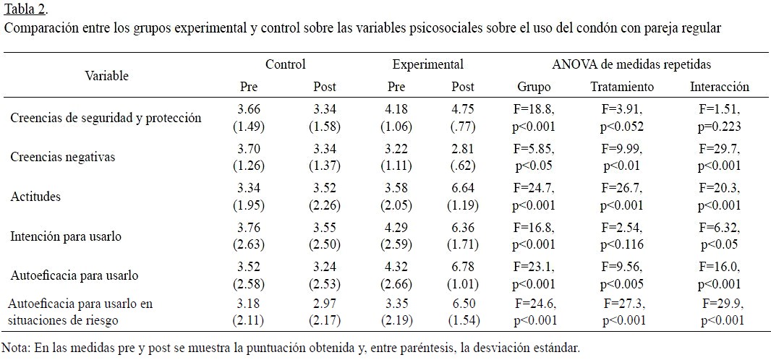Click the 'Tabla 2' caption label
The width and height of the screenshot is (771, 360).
[25, 9]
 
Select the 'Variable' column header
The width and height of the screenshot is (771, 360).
[107, 75]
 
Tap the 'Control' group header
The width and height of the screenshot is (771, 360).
[286, 64]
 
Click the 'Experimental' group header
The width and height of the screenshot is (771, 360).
[428, 64]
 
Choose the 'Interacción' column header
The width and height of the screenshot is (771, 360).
[720, 87]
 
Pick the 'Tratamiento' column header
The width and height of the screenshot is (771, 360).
[622, 87]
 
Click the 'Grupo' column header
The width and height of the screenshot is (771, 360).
[534, 87]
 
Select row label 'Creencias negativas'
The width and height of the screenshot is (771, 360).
[63, 157]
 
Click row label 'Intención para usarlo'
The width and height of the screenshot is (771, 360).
[66, 236]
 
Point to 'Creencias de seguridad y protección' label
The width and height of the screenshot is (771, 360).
[106, 118]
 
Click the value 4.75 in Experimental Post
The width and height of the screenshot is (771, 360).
[463, 110]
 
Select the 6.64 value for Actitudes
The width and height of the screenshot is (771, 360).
[463, 189]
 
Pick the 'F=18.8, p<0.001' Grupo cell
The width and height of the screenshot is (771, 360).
[534, 117]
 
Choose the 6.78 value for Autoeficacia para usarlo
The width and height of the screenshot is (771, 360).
[463, 267]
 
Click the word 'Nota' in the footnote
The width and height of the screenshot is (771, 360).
[16, 348]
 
